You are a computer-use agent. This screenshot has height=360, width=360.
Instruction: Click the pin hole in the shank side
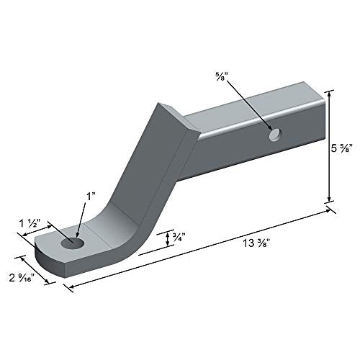click(274, 135)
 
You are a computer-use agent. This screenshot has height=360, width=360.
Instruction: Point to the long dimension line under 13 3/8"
click(202, 248)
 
